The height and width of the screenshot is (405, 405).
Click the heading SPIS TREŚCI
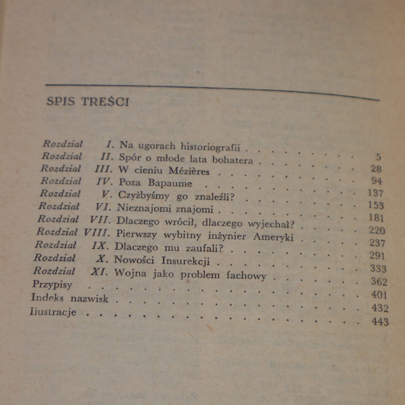pyautogui.click(x=88, y=102)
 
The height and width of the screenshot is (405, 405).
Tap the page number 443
pyautogui.click(x=380, y=322)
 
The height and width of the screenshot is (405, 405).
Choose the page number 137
pyautogui.click(x=376, y=193)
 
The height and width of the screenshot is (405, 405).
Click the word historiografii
pyautogui.click(x=210, y=147)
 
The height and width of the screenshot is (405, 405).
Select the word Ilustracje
pyautogui.click(x=53, y=312)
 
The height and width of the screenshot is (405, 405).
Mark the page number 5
pyautogui.click(x=378, y=157)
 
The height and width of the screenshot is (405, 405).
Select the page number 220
pyautogui.click(x=377, y=231)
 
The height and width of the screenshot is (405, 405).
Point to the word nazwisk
pyautogui.click(x=89, y=299)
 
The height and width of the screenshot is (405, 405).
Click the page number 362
pyautogui.click(x=379, y=282)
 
